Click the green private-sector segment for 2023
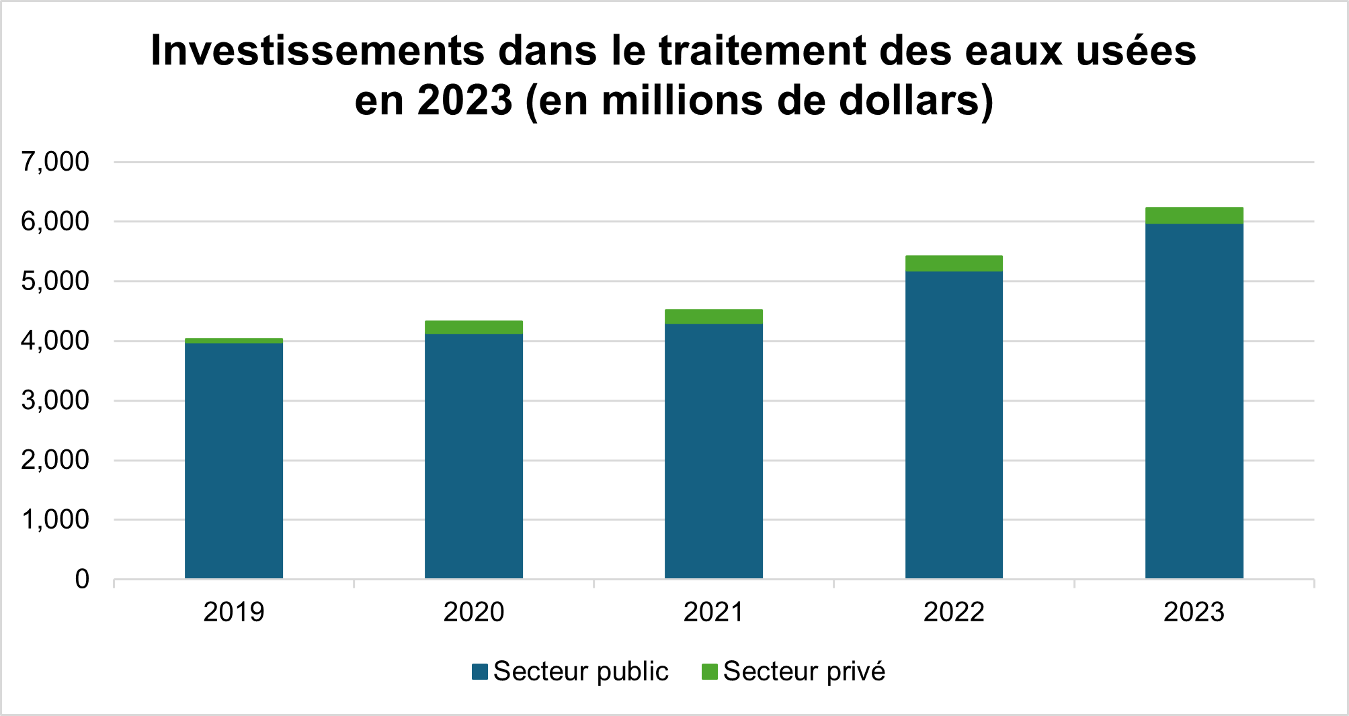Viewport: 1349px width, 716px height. (x=1194, y=216)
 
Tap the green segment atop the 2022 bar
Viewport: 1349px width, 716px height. (x=954, y=263)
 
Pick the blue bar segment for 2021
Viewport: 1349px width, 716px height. (x=714, y=451)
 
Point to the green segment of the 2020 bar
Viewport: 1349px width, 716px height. (x=474, y=327)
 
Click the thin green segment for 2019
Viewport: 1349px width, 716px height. (x=234, y=341)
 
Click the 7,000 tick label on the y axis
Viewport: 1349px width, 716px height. (x=55, y=162)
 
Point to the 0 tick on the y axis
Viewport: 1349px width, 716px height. (x=82, y=579)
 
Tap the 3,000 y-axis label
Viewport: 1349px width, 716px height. (x=55, y=400)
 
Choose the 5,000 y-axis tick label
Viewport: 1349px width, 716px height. (x=55, y=281)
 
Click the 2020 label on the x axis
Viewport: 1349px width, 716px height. (x=474, y=612)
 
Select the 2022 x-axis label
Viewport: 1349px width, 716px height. (x=954, y=612)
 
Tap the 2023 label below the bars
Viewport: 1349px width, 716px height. (x=1194, y=612)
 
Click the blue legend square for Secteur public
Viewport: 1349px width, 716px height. (x=480, y=672)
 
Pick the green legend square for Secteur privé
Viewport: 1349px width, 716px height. (x=709, y=672)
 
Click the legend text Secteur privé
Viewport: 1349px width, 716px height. (x=804, y=672)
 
